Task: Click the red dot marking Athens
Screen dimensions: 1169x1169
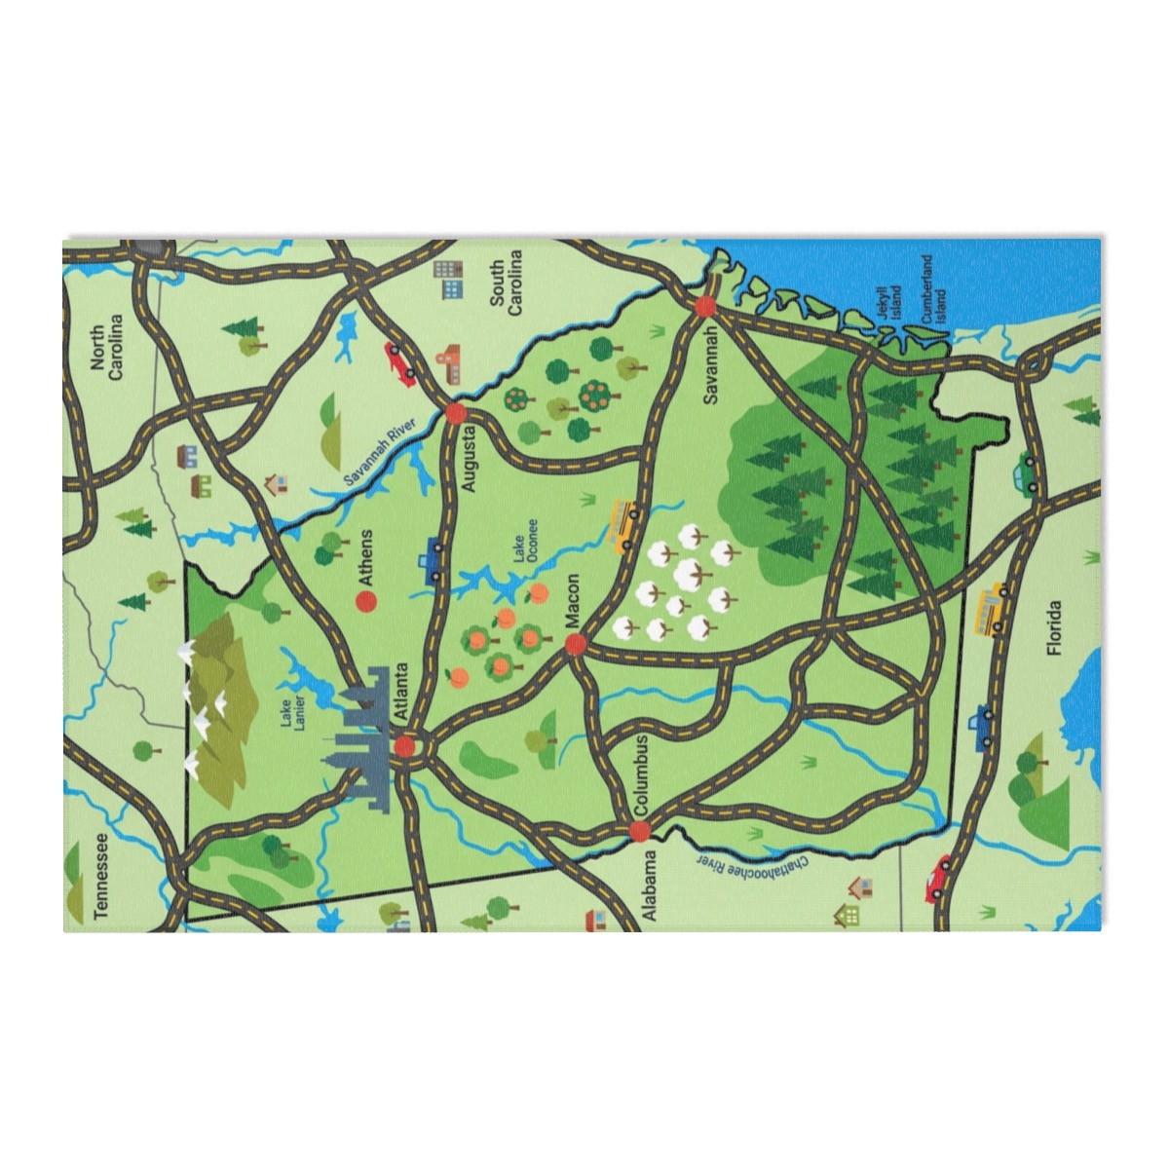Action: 366,602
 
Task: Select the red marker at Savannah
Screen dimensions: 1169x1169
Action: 705,306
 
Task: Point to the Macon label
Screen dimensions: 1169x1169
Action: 572,604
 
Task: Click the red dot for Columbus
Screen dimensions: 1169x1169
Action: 639,831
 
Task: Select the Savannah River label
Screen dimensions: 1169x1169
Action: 379,451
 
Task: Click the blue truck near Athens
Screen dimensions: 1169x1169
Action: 430,561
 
